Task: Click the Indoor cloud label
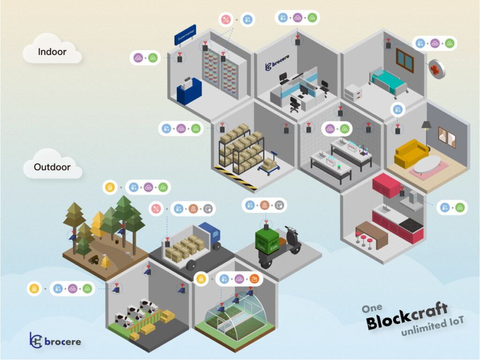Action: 52,52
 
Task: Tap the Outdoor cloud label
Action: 52,167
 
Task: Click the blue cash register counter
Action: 189,91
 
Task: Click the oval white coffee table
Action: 427,164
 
